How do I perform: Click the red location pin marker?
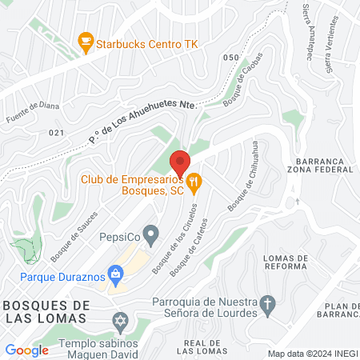(179, 162)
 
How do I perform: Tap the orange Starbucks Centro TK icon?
(84, 41)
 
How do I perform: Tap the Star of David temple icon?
(122, 324)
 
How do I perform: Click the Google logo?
(27, 350)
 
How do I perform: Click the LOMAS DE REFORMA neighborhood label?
(290, 263)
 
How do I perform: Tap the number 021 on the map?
(56, 133)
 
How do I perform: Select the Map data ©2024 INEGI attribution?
(311, 354)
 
